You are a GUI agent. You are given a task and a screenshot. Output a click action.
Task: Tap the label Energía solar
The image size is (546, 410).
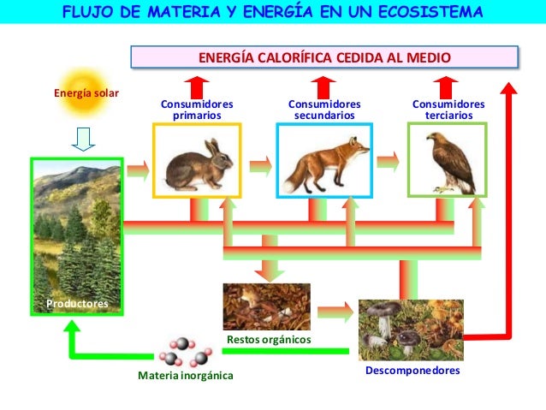click(x=86, y=93)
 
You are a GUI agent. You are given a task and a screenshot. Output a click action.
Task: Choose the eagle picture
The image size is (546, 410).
click(x=447, y=160)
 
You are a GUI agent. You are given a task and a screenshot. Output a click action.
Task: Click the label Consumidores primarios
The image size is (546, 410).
click(x=197, y=110)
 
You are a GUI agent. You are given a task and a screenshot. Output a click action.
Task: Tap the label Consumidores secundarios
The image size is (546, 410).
click(x=324, y=110)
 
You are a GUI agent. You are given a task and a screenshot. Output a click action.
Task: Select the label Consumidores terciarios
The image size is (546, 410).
click(x=448, y=110)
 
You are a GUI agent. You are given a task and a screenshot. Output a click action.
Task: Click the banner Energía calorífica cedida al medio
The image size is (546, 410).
click(x=324, y=58)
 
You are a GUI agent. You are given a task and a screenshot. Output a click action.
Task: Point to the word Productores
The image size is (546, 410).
click(x=77, y=304)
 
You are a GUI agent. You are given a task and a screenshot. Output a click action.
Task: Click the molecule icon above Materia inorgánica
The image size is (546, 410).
click(x=185, y=351)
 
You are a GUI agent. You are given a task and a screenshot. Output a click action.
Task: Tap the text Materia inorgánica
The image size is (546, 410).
click(x=186, y=376)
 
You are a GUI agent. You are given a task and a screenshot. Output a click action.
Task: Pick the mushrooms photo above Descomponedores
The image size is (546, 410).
click(x=411, y=330)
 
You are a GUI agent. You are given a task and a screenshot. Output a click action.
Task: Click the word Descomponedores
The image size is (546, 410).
click(x=412, y=371)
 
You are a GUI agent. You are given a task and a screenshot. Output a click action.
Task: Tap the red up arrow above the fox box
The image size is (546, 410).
click(x=324, y=86)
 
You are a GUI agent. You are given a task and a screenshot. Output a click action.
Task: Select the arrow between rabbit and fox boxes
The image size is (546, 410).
click(x=261, y=161)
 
